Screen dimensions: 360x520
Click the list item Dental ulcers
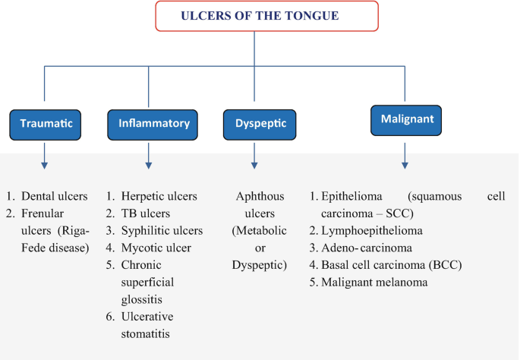[x=55, y=196]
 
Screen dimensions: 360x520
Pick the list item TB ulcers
[x=148, y=213]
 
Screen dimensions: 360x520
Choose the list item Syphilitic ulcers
[x=165, y=231]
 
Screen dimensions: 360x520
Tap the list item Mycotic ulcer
[x=159, y=248]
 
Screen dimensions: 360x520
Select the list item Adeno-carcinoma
[x=367, y=248]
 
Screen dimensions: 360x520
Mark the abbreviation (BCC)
[x=445, y=265]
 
